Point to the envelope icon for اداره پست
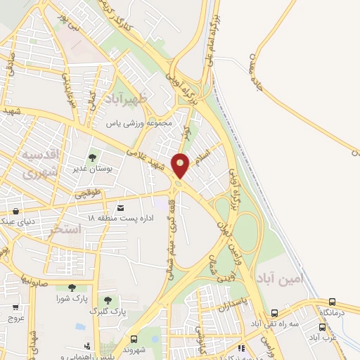coord(120,208)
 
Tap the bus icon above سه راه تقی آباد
coord(274,314)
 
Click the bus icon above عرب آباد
coord(323,327)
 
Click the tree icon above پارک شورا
coord(72,287)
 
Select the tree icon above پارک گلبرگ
coord(108,300)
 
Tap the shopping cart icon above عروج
coord(15,307)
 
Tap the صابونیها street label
coord(33,278)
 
